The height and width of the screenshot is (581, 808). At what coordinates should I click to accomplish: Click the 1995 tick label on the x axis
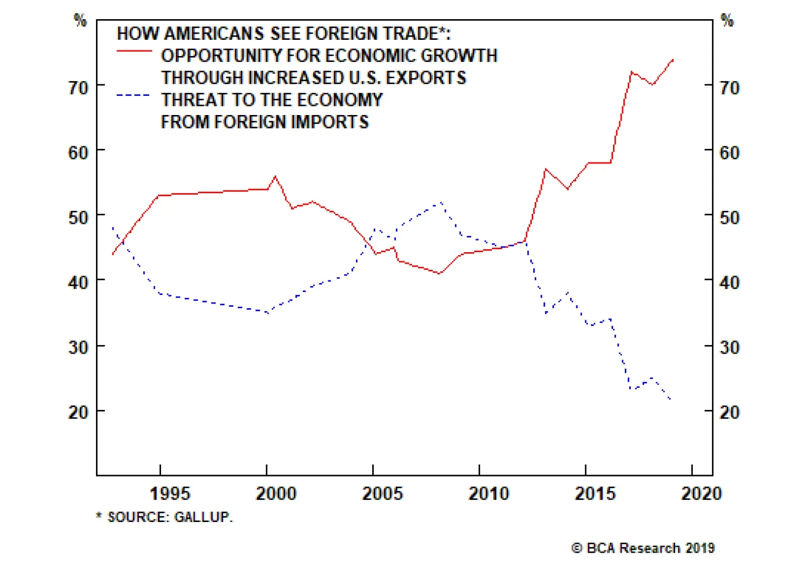tap(170, 493)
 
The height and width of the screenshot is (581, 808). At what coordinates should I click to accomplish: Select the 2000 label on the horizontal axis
tap(276, 493)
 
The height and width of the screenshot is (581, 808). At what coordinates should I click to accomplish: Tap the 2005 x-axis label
tap(382, 493)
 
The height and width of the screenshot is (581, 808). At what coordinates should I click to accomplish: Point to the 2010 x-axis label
tap(489, 493)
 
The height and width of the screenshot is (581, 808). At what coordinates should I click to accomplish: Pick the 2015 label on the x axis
tap(595, 493)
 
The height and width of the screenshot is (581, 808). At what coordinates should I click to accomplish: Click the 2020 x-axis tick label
tap(701, 493)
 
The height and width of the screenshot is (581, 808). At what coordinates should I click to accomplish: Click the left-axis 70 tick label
tap(78, 88)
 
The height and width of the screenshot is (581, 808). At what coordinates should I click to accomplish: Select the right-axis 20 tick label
tap(729, 412)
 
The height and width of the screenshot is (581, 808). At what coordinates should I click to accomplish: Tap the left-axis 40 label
tap(78, 282)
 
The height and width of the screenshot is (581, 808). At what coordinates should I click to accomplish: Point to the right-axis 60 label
tap(729, 153)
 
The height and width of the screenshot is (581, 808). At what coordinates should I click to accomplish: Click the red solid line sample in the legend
tap(134, 51)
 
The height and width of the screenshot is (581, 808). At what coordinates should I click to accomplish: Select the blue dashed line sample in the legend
tap(133, 95)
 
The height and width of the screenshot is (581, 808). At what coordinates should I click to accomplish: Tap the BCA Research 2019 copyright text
tap(643, 548)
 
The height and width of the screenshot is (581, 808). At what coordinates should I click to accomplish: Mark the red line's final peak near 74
tap(673, 60)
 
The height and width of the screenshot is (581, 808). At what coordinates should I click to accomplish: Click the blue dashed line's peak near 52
tap(441, 203)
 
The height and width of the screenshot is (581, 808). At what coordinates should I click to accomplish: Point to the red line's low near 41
tap(440, 273)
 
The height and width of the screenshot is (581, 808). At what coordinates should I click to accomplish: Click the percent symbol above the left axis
tap(80, 20)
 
